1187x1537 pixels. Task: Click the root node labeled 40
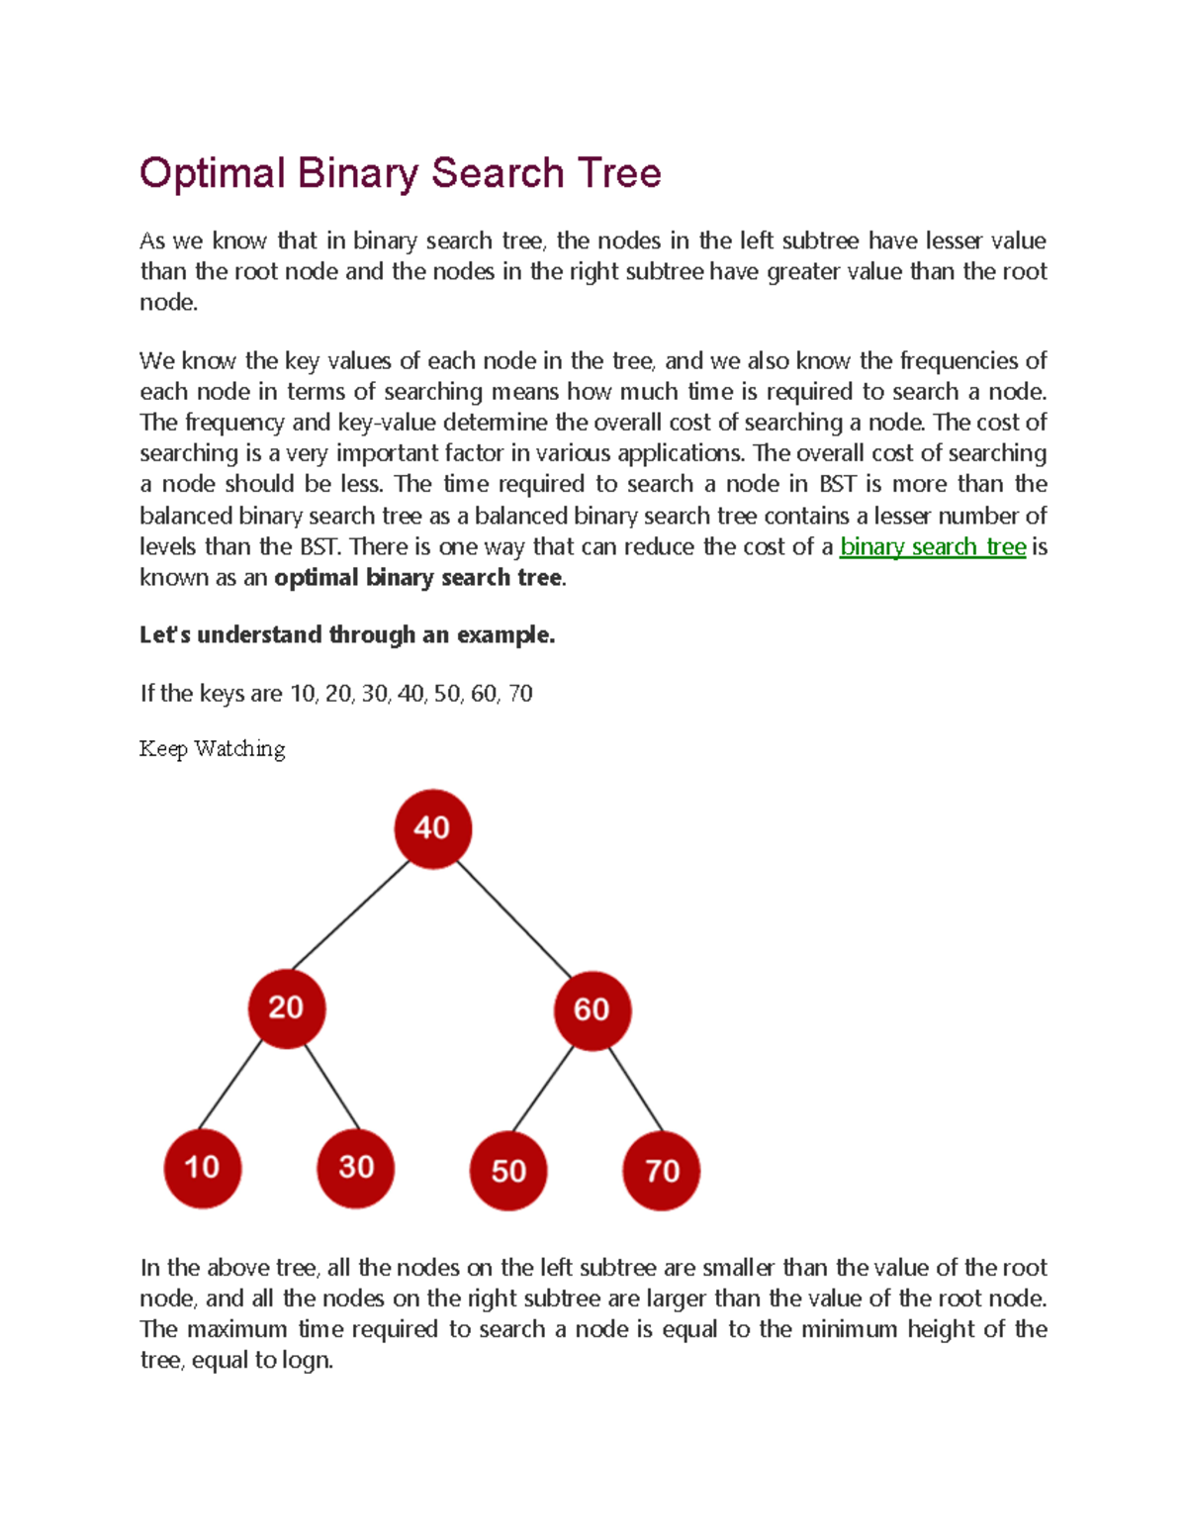(x=432, y=828)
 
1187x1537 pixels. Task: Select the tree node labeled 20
(x=287, y=1008)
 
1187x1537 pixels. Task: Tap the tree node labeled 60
(x=592, y=1009)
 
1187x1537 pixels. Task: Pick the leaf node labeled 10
(x=202, y=1168)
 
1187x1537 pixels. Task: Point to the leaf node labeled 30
(x=356, y=1168)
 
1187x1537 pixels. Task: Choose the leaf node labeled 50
(x=508, y=1171)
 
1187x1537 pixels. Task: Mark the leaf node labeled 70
(x=662, y=1171)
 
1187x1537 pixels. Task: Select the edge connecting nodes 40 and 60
(x=514, y=919)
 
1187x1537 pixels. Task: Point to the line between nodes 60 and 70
(x=635, y=1089)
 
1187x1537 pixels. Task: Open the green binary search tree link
(x=932, y=546)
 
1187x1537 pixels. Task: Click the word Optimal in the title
(x=212, y=174)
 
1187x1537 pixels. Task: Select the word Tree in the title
(x=619, y=174)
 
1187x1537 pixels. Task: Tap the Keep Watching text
(x=212, y=749)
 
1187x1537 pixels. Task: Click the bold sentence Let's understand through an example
(x=347, y=635)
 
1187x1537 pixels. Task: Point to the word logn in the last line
(x=306, y=1361)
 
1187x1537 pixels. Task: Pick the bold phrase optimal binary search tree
(x=417, y=578)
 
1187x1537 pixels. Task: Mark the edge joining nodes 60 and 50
(x=543, y=1089)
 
